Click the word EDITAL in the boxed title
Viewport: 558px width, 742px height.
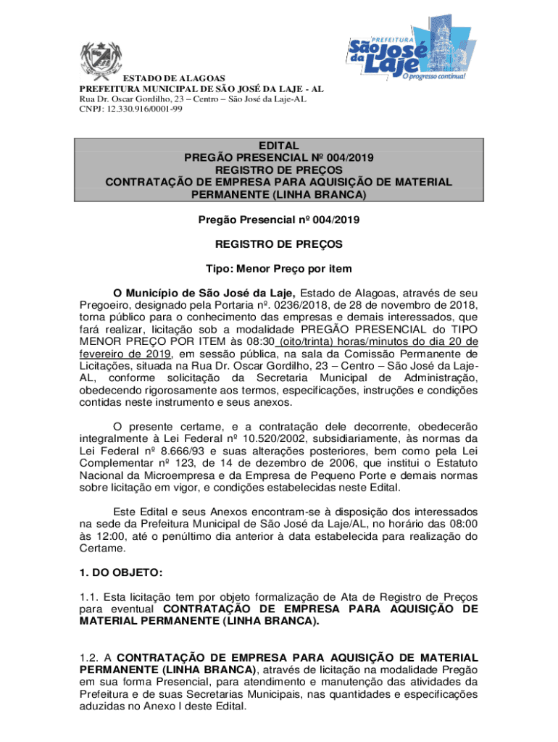tap(279, 146)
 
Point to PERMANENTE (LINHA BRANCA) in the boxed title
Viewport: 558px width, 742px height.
tap(279, 195)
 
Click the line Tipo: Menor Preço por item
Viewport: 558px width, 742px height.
tap(279, 269)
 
